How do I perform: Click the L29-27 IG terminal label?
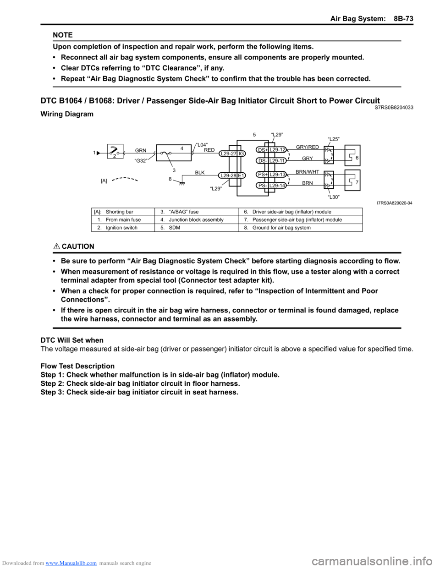pos(232,154)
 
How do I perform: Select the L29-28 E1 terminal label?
pos(232,175)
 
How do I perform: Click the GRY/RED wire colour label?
pos(307,147)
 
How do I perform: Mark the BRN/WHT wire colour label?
pos(307,172)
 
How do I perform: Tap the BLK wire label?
pos(200,173)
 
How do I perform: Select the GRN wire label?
pos(141,150)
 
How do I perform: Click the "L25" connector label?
pos(334,139)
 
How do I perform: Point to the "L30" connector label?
pos(334,197)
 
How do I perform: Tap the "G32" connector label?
pos(141,161)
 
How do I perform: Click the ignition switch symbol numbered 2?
pos(115,152)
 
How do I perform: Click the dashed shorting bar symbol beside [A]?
pos(125,179)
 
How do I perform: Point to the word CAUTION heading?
pos(77,246)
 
